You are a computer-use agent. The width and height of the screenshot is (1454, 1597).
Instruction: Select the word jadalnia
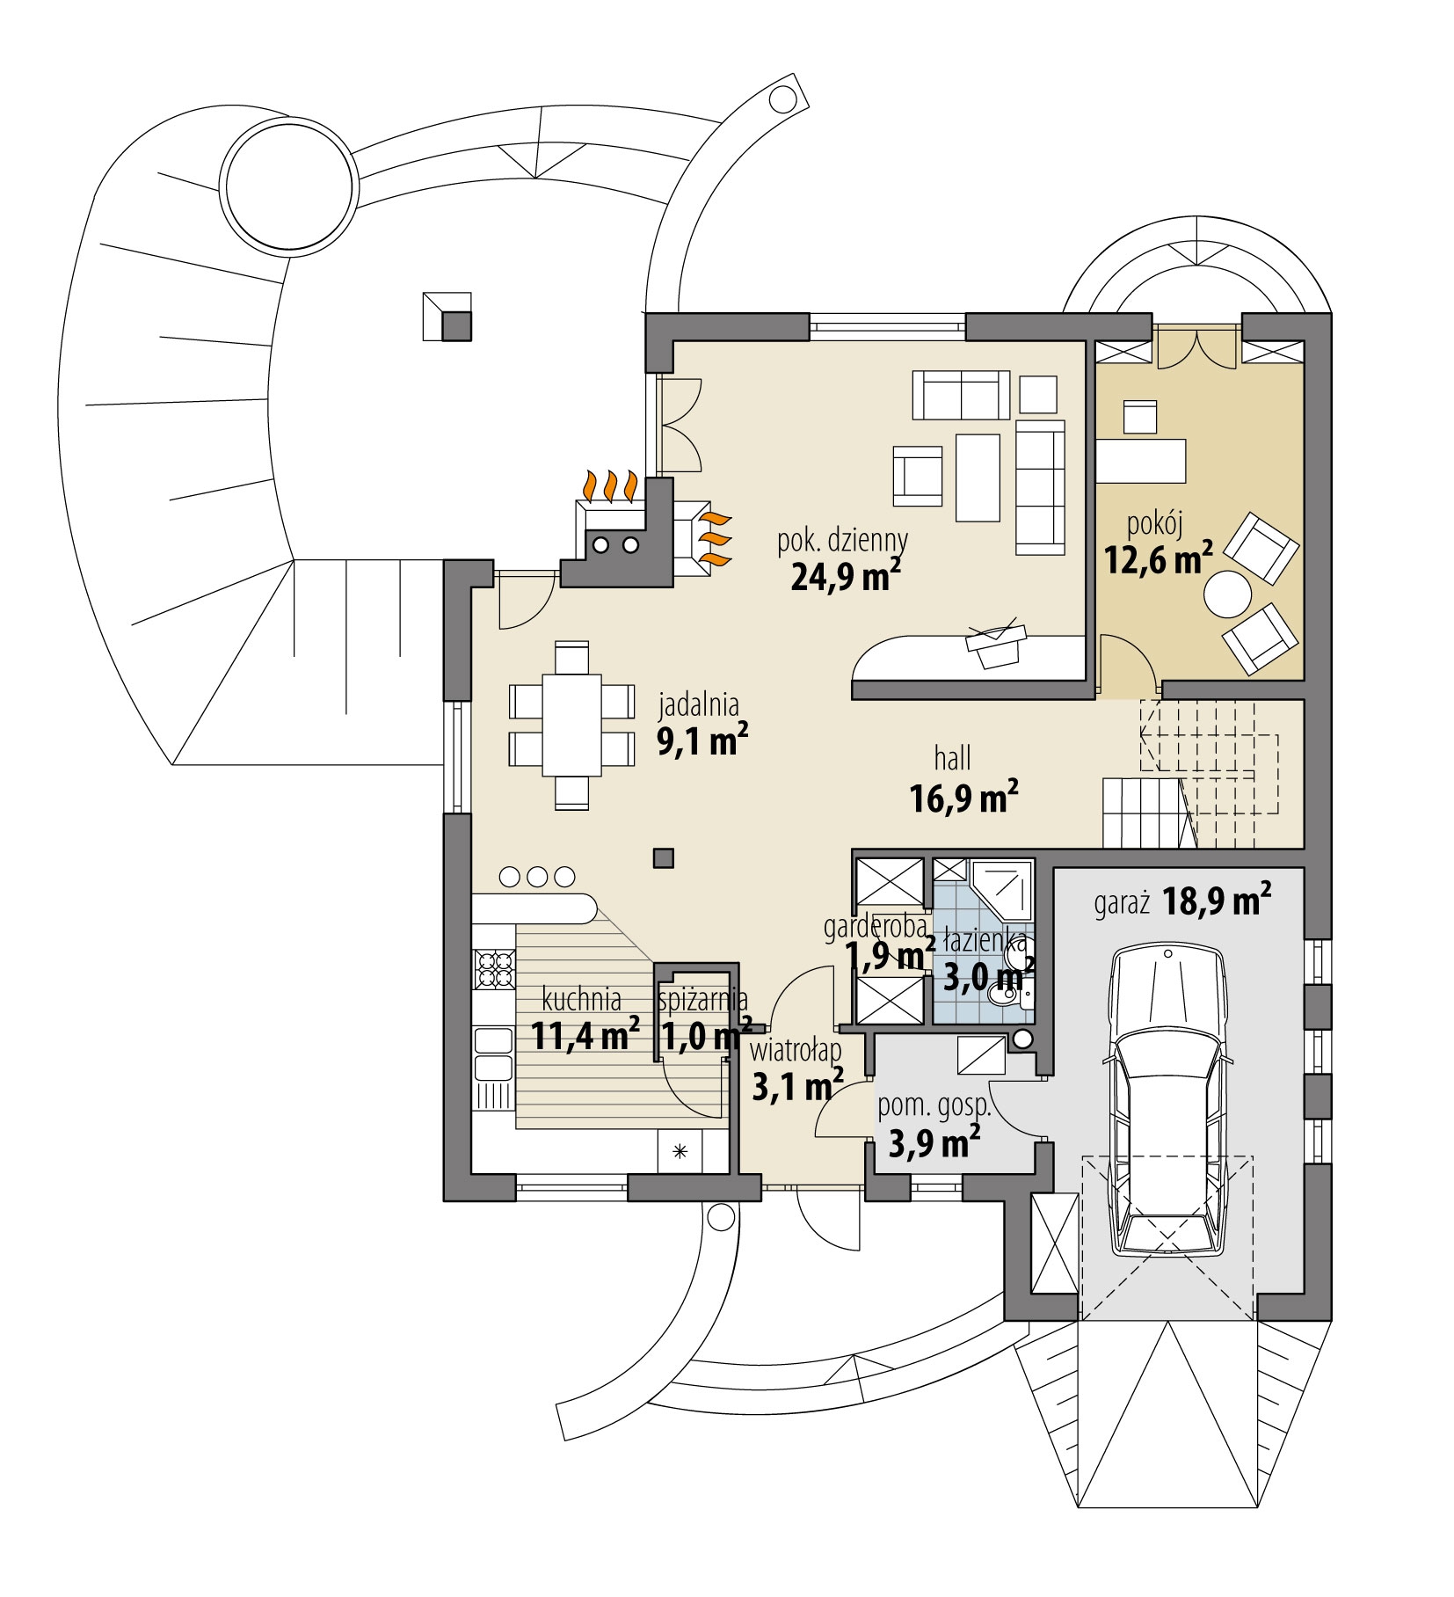(x=699, y=704)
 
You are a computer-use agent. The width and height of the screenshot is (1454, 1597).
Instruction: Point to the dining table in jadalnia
(x=571, y=725)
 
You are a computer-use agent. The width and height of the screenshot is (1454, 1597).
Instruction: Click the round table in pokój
(x=1227, y=595)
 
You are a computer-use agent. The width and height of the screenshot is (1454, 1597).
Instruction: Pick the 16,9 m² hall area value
(x=964, y=798)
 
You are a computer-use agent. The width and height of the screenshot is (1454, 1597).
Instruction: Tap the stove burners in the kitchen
(x=493, y=969)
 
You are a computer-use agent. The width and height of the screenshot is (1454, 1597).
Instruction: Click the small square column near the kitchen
(x=664, y=857)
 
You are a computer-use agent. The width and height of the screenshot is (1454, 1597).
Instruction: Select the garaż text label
(x=1122, y=905)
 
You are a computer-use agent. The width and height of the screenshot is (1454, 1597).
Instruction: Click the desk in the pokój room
(x=1140, y=461)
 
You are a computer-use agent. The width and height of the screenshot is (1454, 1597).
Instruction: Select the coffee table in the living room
(x=978, y=478)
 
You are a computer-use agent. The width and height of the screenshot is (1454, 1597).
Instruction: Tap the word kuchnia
(x=581, y=1000)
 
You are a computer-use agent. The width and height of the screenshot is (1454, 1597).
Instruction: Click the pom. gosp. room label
(x=934, y=1107)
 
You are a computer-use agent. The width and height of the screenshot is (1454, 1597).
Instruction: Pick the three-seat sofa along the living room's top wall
(x=961, y=394)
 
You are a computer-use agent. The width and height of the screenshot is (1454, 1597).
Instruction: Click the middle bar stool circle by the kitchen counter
(x=538, y=876)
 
